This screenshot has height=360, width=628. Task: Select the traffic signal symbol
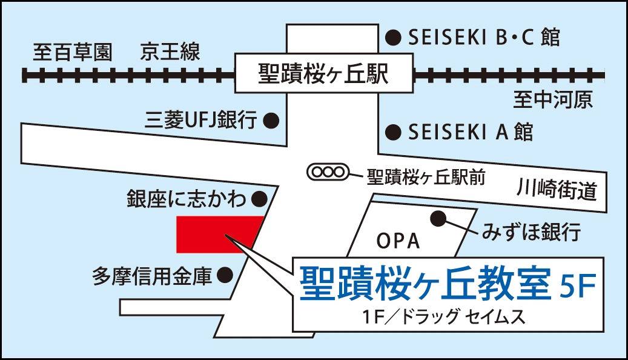click(x=328, y=172)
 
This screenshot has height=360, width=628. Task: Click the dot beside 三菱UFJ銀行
click(x=272, y=121)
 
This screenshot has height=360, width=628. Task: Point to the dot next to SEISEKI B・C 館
click(x=394, y=38)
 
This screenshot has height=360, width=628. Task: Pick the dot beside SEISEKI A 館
click(x=394, y=131)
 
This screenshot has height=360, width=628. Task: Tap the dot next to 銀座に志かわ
click(x=260, y=198)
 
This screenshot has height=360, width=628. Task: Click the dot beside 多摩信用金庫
click(x=225, y=276)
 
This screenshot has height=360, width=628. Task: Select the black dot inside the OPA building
click(x=438, y=218)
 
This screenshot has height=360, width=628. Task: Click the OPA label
click(x=398, y=241)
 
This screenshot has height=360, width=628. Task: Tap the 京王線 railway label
click(x=170, y=52)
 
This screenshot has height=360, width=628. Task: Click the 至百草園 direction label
click(x=73, y=52)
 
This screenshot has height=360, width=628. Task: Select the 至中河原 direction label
click(x=553, y=99)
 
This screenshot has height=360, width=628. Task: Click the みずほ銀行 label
click(x=532, y=231)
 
